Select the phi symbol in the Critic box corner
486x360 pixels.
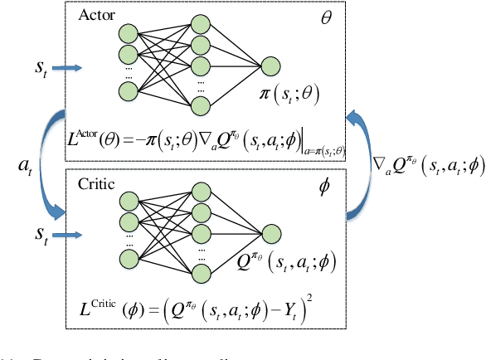pyautogui.click(x=324, y=186)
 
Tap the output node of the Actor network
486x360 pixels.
pyautogui.click(x=271, y=67)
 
